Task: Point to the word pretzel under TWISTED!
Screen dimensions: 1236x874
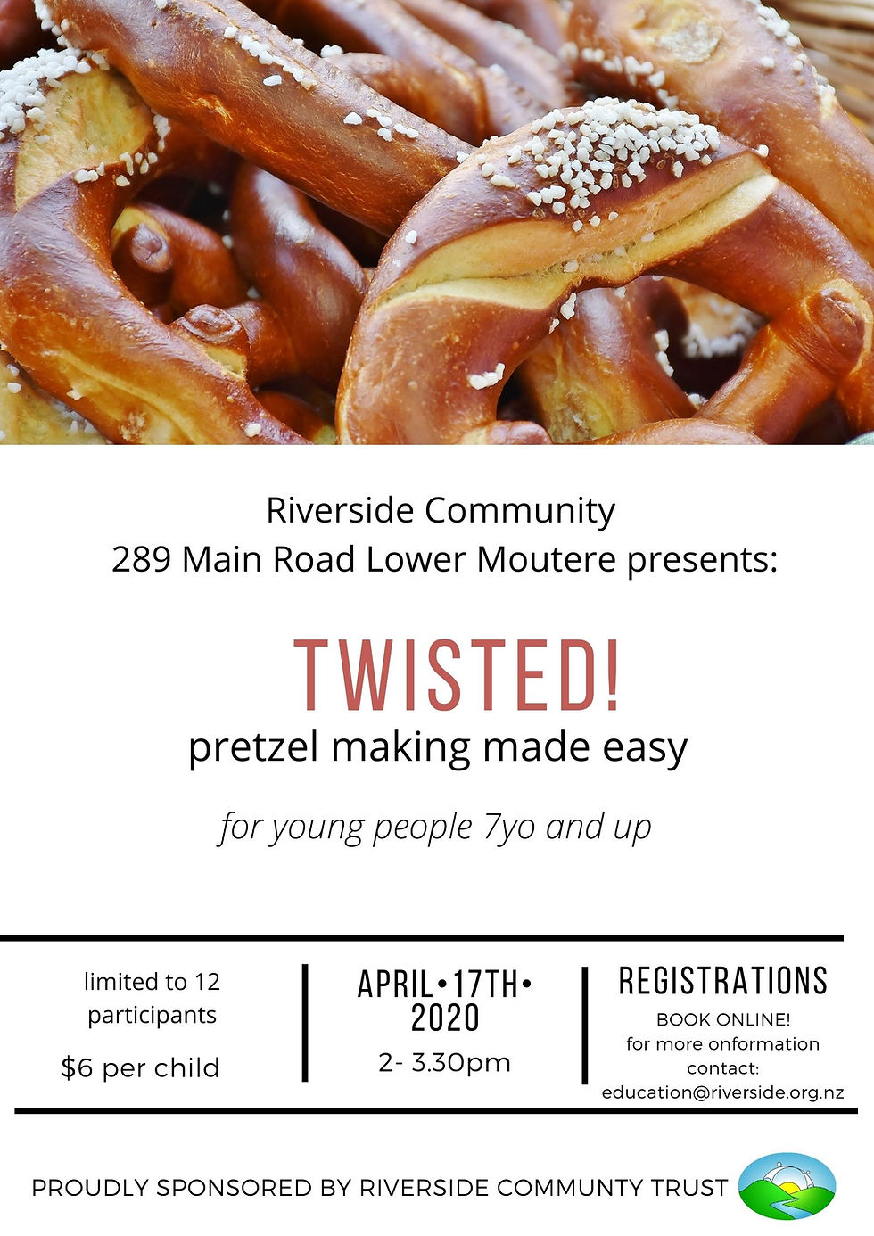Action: tap(253, 748)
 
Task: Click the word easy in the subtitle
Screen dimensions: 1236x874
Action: tap(645, 748)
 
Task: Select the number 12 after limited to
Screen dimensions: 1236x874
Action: tap(207, 982)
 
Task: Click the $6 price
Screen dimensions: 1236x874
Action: tap(77, 1067)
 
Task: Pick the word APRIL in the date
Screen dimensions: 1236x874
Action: tap(396, 985)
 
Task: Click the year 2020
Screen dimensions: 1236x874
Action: tap(445, 1018)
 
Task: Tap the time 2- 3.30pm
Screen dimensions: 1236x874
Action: tap(444, 1062)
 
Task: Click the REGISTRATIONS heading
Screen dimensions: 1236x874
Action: tap(723, 981)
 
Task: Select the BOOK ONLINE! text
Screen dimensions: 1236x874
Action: tap(723, 1019)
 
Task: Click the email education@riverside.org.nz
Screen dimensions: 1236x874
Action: tap(723, 1092)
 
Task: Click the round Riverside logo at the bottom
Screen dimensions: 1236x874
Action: tap(787, 1186)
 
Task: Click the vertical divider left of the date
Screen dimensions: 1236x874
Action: tap(306, 1022)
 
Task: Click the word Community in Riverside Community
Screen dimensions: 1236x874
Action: tap(520, 511)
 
